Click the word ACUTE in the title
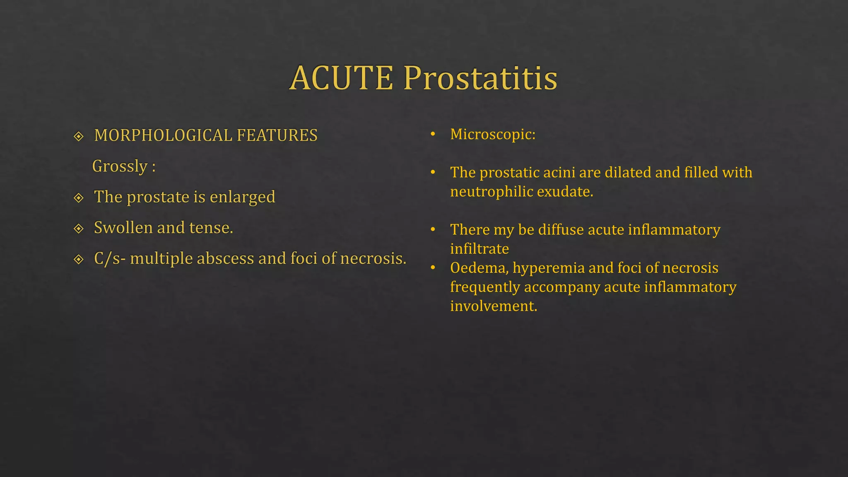pyautogui.click(x=341, y=78)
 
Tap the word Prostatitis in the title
pyautogui.click(x=480, y=78)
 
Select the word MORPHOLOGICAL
pyautogui.click(x=163, y=135)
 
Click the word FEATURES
pyautogui.click(x=277, y=135)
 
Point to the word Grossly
pyautogui.click(x=120, y=166)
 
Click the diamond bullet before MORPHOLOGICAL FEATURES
pyautogui.click(x=79, y=136)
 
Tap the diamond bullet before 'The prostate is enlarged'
pyautogui.click(x=79, y=198)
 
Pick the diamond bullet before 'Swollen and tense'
pyautogui.click(x=79, y=229)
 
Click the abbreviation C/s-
pyautogui.click(x=109, y=258)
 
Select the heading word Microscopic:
pyautogui.click(x=493, y=134)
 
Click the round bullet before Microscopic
pyautogui.click(x=433, y=134)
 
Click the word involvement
pyautogui.click(x=494, y=306)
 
